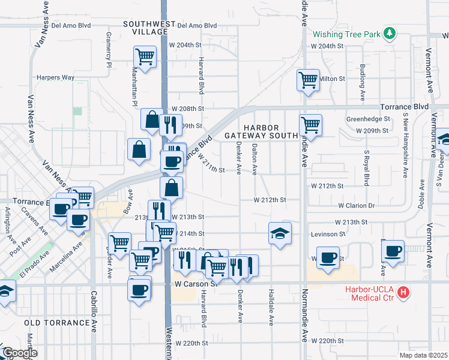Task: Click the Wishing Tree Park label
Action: [x=346, y=34]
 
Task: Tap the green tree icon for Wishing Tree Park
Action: [x=390, y=34]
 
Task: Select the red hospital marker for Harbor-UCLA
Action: [x=404, y=292]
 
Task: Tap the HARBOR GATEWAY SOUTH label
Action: [x=261, y=132]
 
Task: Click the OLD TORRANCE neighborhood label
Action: [x=57, y=323]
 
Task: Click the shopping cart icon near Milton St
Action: [x=308, y=79]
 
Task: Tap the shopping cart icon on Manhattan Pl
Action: [x=145, y=56]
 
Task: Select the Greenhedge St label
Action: [x=368, y=119]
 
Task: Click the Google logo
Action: [x=19, y=353]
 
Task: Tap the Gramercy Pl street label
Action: [x=110, y=48]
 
